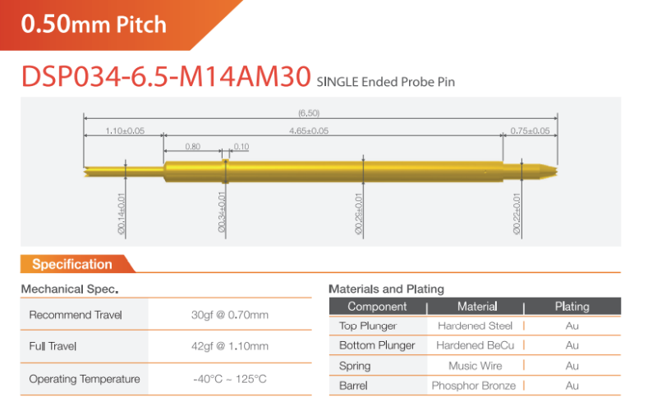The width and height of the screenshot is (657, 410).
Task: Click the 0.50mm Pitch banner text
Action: [x=94, y=24]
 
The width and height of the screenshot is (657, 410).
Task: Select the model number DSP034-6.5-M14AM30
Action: [x=166, y=76]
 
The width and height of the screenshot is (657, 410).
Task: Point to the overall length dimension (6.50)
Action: [x=309, y=113]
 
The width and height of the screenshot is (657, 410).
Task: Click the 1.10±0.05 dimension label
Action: [x=125, y=131]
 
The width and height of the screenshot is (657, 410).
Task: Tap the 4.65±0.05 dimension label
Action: [x=309, y=131]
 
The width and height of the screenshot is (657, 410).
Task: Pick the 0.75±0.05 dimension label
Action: [x=530, y=131]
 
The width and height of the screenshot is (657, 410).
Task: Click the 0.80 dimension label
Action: [x=193, y=147]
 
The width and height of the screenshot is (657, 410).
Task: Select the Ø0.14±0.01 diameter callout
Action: [x=122, y=214]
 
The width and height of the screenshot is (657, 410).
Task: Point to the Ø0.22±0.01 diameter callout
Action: [x=517, y=214]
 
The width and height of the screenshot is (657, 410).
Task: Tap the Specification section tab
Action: [x=72, y=264]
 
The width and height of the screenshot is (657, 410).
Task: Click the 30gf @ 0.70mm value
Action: [x=230, y=315]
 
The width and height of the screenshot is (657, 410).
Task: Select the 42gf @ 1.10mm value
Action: [x=230, y=346]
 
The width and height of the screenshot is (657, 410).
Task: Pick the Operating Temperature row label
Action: [x=85, y=379]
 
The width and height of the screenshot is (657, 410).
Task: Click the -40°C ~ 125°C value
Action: [x=230, y=379]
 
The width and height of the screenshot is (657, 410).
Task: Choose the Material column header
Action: [x=477, y=307]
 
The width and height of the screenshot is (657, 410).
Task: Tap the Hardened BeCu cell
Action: [x=476, y=345]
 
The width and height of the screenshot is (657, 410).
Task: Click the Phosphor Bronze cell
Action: [x=474, y=385]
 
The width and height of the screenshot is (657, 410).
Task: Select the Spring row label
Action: [x=355, y=366]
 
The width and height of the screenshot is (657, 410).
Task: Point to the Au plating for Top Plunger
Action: [x=572, y=326]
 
